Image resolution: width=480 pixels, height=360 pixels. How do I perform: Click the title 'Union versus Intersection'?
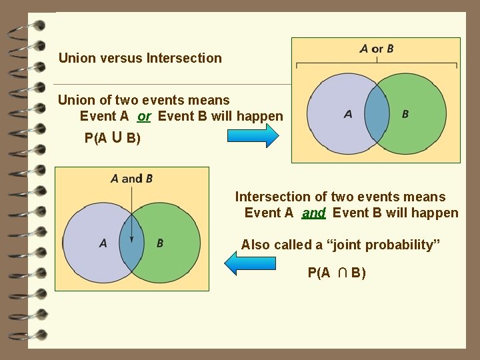[140, 58]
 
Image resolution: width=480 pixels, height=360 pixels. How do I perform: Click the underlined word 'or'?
[144, 117]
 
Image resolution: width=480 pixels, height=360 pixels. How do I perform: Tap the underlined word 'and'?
[313, 213]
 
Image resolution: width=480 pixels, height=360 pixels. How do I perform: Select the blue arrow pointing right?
[253, 135]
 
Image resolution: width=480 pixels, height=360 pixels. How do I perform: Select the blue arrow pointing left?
[250, 262]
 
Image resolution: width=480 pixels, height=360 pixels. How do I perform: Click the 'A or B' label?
[377, 49]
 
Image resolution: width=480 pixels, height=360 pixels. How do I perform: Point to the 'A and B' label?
[131, 178]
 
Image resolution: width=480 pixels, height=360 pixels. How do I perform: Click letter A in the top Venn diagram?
[348, 114]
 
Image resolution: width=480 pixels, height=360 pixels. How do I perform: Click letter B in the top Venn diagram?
[405, 114]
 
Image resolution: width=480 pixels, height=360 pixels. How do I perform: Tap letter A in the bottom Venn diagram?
[103, 243]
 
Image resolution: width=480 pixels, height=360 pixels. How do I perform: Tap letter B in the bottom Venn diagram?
[160, 243]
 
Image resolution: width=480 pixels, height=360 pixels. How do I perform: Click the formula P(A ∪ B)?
[111, 139]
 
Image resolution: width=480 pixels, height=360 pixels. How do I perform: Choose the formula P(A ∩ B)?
[337, 273]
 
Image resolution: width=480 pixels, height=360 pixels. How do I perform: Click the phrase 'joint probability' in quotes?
[381, 245]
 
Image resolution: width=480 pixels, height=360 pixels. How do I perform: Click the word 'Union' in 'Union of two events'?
[77, 101]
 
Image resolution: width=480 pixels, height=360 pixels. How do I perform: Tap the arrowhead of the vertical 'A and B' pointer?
[132, 239]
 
